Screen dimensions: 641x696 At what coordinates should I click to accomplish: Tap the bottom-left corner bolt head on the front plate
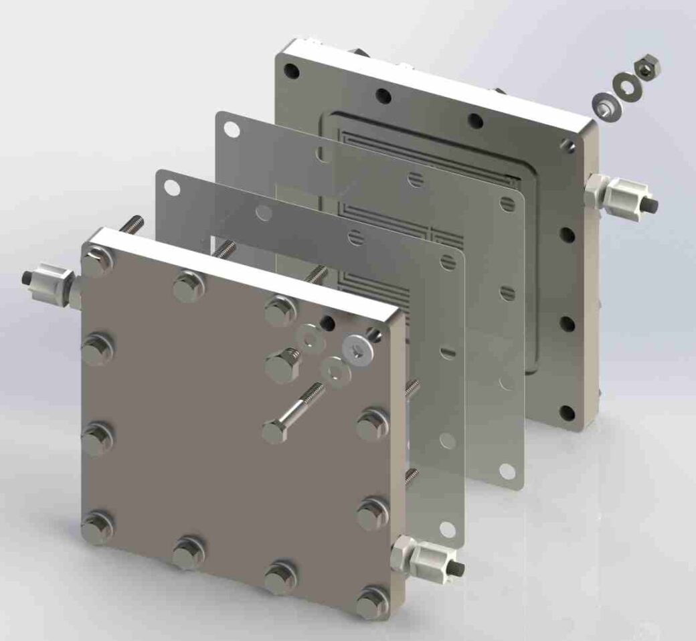coord(96,525)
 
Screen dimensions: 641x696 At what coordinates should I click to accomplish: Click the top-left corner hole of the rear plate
coord(290,70)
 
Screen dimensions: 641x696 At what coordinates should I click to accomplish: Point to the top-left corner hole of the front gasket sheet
coord(171,187)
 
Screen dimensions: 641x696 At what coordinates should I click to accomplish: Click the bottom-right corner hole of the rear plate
coord(568,412)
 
